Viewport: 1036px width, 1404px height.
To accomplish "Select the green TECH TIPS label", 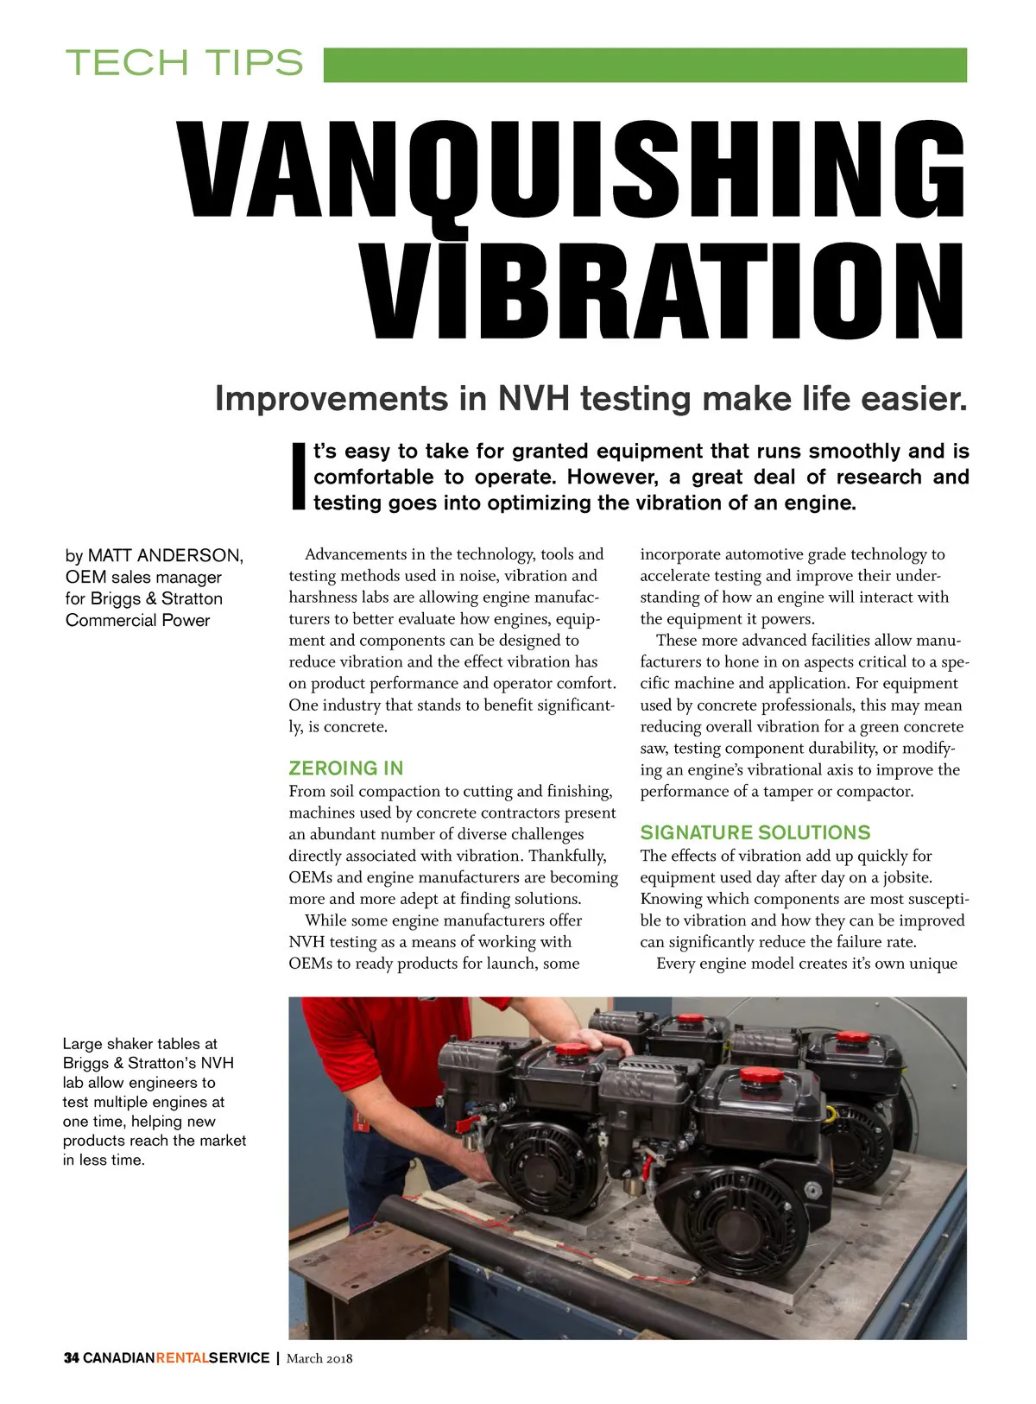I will [184, 63].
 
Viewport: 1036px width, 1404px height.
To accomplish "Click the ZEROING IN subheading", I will [345, 768].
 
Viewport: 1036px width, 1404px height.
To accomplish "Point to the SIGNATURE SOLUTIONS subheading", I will [755, 832].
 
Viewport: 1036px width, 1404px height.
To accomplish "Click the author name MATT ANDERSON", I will [165, 555].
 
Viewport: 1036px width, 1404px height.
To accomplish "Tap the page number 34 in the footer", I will [71, 1358].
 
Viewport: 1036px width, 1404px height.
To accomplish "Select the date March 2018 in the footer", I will [319, 1358].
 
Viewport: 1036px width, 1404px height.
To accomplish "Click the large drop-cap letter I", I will [299, 476].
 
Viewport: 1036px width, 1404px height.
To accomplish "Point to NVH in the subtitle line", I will [534, 399].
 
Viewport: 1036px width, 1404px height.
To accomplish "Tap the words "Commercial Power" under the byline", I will [137, 620].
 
